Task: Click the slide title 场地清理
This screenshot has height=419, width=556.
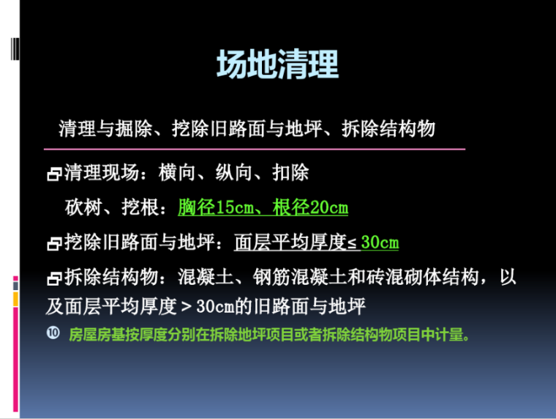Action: pos(277,65)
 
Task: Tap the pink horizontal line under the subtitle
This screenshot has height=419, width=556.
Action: pos(255,149)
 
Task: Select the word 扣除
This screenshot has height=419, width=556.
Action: pos(290,174)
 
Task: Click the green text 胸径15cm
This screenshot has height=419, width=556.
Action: pos(217,208)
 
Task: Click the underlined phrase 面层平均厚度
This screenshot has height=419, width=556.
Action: pos(290,242)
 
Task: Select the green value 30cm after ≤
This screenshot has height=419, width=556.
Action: pos(380,242)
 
